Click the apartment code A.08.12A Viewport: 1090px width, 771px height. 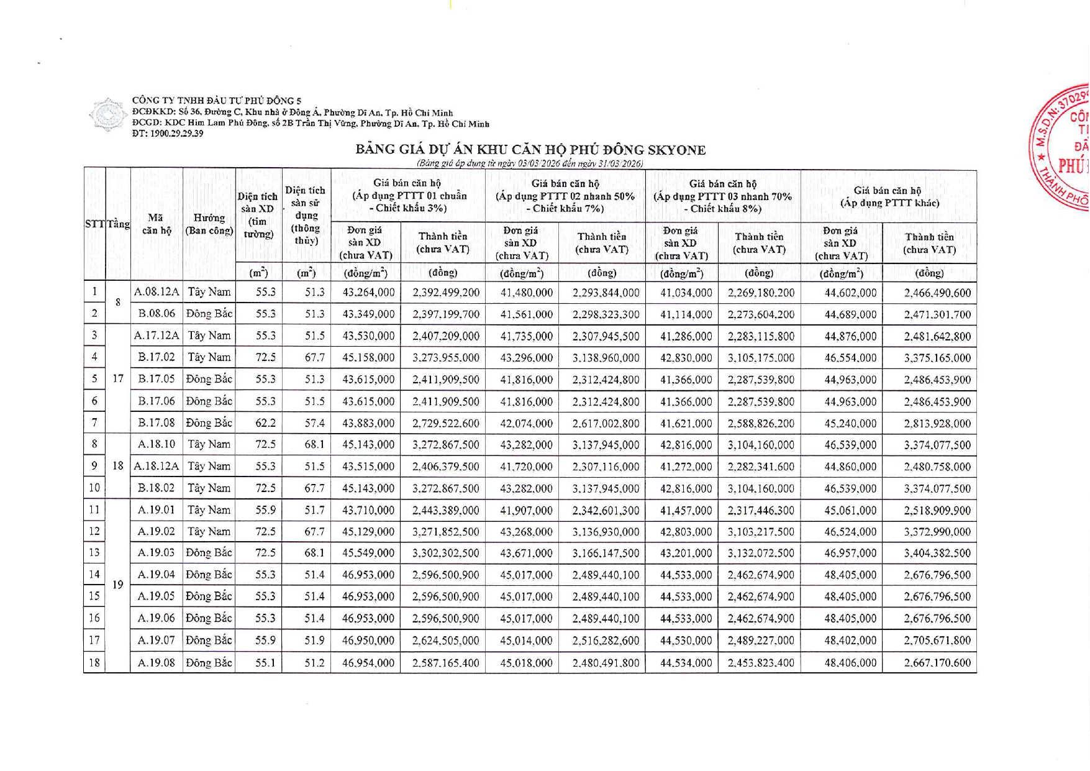(157, 292)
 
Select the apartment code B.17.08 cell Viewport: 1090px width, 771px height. (157, 423)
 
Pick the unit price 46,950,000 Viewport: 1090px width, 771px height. (368, 641)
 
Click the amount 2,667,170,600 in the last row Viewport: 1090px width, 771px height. (937, 663)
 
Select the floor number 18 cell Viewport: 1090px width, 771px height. (118, 466)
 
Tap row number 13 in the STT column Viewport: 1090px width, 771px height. (94, 553)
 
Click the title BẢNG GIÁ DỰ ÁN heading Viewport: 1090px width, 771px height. (530, 150)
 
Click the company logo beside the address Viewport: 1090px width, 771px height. (108, 114)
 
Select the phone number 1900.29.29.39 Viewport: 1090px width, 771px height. (168, 134)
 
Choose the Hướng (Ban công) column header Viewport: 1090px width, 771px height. (209, 224)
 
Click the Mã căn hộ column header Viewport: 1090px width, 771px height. (157, 224)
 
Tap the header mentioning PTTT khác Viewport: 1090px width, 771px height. (889, 197)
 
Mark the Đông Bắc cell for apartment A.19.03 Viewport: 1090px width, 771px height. (209, 553)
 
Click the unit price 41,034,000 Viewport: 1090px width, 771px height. (686, 293)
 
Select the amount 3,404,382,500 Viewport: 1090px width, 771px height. (937, 554)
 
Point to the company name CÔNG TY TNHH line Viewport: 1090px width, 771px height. (217, 101)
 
